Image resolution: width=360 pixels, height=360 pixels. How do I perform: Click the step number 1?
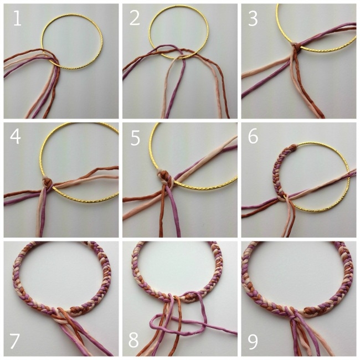tap(17, 18)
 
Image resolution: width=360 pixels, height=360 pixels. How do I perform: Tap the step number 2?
tap(135, 18)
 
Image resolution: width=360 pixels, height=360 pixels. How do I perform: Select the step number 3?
tap(253, 18)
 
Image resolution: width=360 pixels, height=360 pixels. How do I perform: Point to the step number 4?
tap(15, 137)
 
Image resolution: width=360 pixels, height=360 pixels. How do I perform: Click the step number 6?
tap(253, 137)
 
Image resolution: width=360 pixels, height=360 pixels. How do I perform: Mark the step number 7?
tap(14, 341)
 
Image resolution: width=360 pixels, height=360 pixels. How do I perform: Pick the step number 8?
tap(133, 340)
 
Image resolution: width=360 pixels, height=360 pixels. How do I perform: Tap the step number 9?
tap(253, 341)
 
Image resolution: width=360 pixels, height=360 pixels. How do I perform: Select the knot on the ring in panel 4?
tap(47, 183)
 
